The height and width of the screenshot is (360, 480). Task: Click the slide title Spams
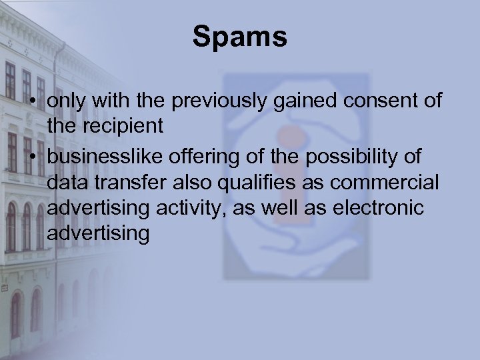(240, 37)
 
